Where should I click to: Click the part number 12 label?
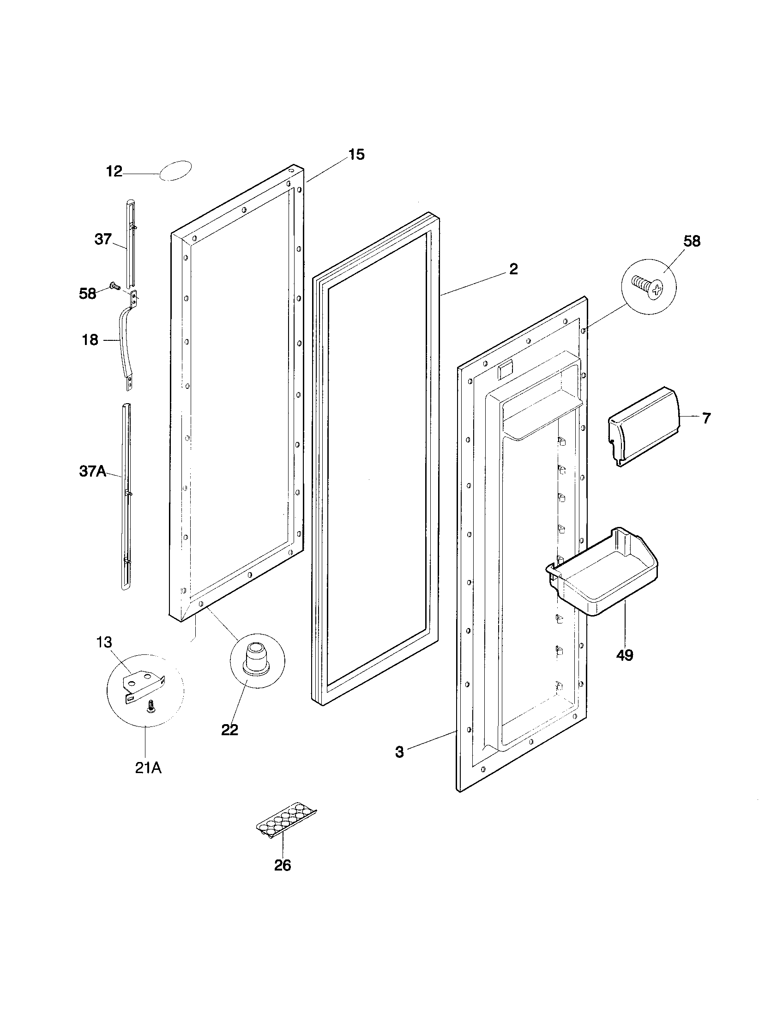coord(114,172)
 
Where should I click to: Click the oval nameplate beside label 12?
coord(175,170)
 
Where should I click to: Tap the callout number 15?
coord(356,154)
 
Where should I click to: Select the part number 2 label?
coord(513,269)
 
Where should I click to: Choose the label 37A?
coord(92,471)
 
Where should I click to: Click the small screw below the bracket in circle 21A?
coord(151,707)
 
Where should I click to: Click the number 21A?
coord(148,768)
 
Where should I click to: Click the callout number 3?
coord(399,752)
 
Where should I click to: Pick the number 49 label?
coord(625,655)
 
